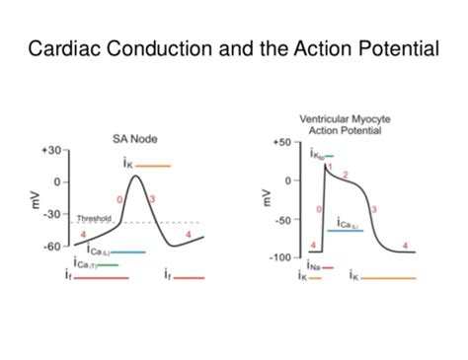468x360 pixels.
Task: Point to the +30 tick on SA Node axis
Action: click(x=49, y=150)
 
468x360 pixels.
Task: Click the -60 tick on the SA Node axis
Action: click(x=50, y=246)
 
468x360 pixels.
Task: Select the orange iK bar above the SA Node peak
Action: click(x=154, y=166)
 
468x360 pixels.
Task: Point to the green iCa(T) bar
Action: click(x=108, y=264)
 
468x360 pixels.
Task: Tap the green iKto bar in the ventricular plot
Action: click(x=329, y=156)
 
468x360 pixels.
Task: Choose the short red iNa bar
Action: click(x=327, y=267)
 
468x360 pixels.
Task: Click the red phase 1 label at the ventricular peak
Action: click(x=330, y=166)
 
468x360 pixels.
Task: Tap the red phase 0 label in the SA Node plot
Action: click(x=120, y=200)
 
